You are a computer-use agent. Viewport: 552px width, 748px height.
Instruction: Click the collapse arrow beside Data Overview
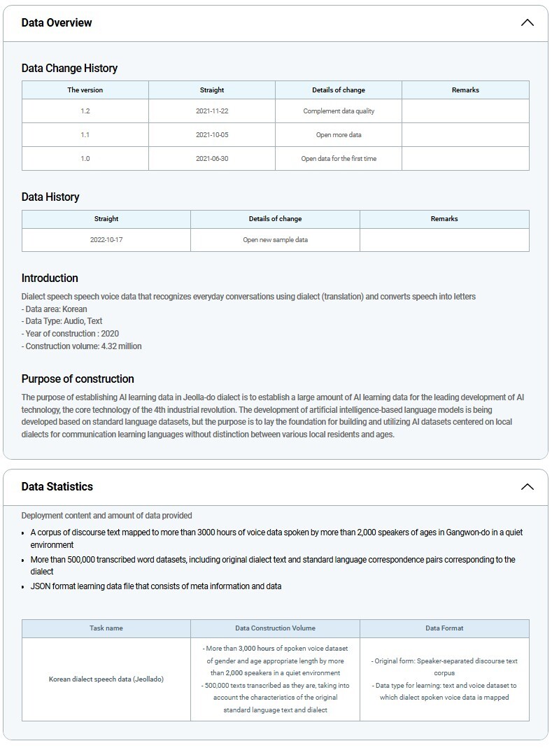[x=527, y=22]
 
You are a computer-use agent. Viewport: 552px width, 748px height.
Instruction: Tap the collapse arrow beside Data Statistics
[x=527, y=486]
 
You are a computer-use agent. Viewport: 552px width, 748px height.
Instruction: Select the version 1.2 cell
[x=85, y=111]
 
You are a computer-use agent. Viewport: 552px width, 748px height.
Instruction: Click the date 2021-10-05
[x=212, y=135]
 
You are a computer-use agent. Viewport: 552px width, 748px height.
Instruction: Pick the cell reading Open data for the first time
[x=339, y=159]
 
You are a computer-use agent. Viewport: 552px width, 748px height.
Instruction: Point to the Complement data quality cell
[x=339, y=111]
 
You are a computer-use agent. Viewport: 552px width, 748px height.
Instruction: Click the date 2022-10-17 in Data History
[x=106, y=240]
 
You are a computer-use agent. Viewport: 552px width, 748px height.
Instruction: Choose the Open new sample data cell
[x=275, y=240]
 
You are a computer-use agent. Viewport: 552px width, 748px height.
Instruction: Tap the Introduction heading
[x=50, y=278]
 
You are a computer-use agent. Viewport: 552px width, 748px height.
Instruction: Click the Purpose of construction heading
[x=78, y=379]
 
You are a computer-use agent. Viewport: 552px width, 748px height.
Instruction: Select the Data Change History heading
[x=69, y=68]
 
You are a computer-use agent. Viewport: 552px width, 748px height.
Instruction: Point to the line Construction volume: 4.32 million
[x=82, y=346]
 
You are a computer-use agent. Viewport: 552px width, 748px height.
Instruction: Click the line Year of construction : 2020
[x=70, y=334]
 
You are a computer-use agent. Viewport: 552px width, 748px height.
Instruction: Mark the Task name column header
[x=106, y=628]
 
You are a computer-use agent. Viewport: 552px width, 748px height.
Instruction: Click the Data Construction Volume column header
[x=275, y=628]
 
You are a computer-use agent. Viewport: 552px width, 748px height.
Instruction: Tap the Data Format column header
[x=444, y=628]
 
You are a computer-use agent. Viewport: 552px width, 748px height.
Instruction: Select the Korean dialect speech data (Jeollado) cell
[x=106, y=679]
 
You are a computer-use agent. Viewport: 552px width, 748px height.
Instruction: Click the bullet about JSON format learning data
[x=156, y=586]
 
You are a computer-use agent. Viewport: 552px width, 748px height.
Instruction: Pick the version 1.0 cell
[x=85, y=159]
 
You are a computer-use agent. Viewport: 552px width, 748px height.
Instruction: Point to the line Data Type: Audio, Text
[x=62, y=321]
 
